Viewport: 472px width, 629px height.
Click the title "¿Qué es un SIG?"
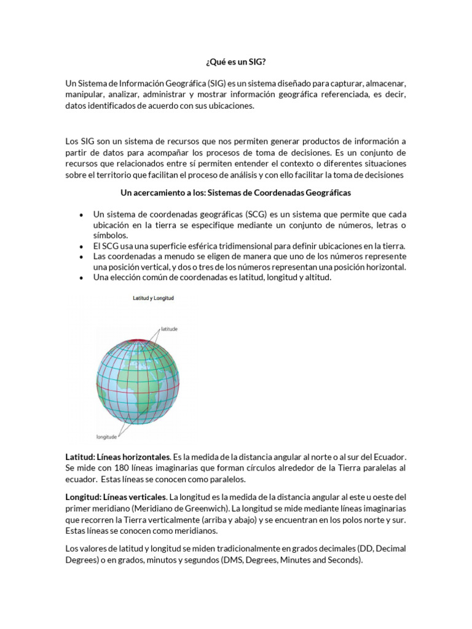(x=235, y=63)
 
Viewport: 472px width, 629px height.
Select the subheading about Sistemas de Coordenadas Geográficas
(x=235, y=192)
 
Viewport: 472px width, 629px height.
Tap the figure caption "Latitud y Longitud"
(x=154, y=299)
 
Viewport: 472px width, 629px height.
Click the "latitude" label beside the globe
(x=169, y=329)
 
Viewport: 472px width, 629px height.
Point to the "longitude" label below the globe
(x=106, y=437)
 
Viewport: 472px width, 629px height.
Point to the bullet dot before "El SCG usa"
(x=81, y=246)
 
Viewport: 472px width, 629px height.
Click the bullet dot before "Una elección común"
(x=81, y=278)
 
